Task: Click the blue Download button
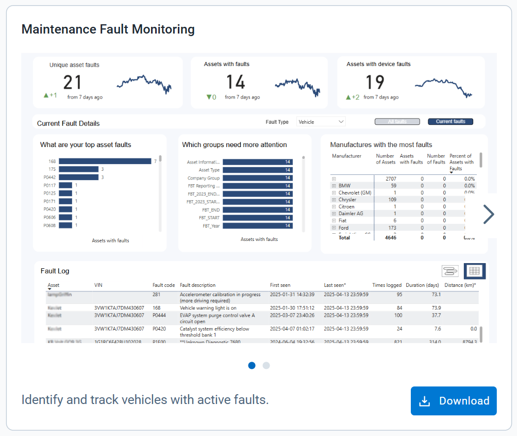tap(454, 401)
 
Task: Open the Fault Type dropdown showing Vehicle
tap(321, 122)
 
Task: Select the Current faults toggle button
tap(450, 122)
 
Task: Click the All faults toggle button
tap(397, 122)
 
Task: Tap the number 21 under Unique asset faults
tap(73, 83)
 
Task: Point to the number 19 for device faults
tap(375, 83)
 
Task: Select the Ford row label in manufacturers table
tap(343, 228)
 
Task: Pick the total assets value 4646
tap(390, 238)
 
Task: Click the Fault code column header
tap(163, 285)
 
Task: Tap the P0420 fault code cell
tap(159, 329)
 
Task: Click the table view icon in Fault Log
tap(475, 271)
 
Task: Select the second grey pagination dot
tap(266, 365)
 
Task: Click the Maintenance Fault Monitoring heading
tap(108, 29)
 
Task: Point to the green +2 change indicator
tap(353, 97)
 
